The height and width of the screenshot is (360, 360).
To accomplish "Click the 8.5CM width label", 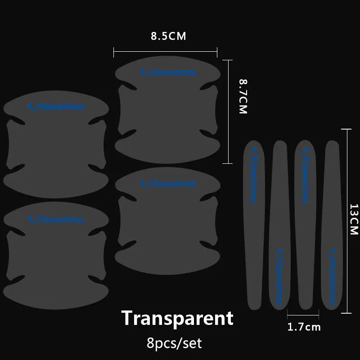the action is tap(168, 36).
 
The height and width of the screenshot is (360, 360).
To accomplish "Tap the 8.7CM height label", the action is tap(243, 96).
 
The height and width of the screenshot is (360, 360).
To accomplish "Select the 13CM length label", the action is tap(354, 219).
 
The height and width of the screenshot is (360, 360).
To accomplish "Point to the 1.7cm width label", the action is tap(304, 327).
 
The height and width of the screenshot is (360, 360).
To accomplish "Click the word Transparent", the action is tap(178, 318).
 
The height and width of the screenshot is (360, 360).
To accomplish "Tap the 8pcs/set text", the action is tap(175, 344).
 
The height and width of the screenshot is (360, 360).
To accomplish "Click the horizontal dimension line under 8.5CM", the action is tap(166, 53).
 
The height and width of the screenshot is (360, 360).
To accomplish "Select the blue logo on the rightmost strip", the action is tap(332, 274).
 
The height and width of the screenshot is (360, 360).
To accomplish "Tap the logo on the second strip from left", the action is tap(279, 275).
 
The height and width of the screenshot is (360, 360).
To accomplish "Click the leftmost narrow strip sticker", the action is tap(253, 225).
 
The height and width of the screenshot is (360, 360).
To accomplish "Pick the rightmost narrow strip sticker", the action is tap(332, 225).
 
